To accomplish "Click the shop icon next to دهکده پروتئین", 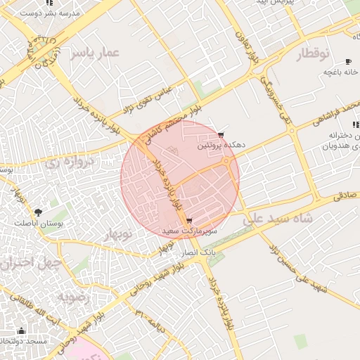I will tap(221, 135).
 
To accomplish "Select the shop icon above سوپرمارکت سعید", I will tap(189, 221).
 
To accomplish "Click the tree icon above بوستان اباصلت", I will tap(37, 211).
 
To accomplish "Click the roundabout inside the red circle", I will tap(226, 163).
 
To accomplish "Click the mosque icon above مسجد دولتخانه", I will tap(21, 330).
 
